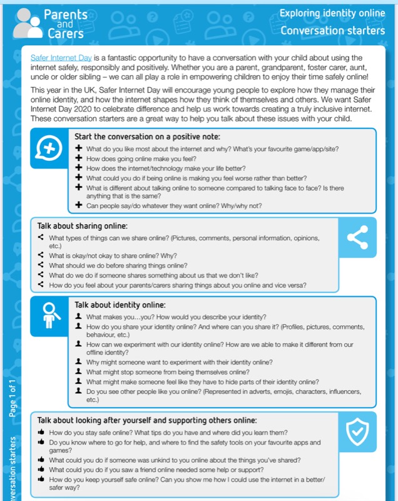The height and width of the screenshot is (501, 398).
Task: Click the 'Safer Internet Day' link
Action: (x=61, y=58)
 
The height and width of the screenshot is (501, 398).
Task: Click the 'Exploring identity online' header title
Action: (x=331, y=13)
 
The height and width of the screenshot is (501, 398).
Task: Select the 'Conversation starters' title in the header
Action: (x=332, y=30)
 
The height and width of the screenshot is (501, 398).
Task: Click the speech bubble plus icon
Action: (x=49, y=149)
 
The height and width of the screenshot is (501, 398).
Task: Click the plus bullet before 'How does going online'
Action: (x=78, y=159)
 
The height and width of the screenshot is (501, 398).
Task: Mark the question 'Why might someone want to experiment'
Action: (x=179, y=362)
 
